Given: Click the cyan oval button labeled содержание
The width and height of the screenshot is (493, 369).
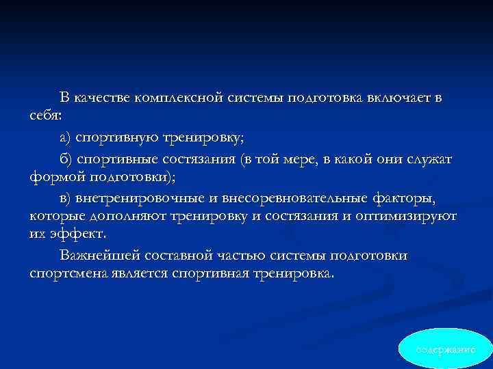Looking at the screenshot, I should (x=445, y=348).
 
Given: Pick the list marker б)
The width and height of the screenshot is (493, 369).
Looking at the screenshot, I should (x=66, y=159).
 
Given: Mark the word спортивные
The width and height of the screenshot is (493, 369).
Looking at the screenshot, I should (x=119, y=159).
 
